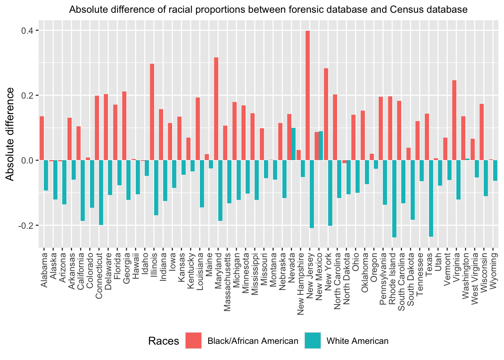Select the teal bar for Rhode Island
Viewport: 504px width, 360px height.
coord(394,199)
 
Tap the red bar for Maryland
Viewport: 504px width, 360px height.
coord(216,109)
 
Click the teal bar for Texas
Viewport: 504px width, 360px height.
coord(431,198)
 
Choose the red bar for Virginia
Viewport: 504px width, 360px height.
coord(454,120)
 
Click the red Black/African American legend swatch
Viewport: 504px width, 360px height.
coord(193,340)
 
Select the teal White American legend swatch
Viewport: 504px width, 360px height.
coord(313,340)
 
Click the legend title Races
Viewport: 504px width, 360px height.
coord(163,341)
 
